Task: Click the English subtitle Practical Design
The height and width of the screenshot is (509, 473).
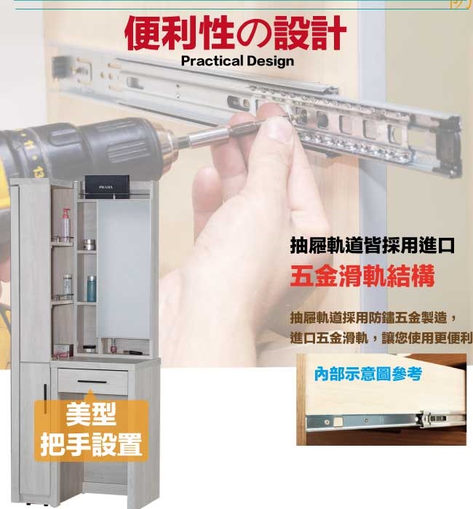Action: tap(237, 60)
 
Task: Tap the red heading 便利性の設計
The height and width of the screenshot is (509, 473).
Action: tap(236, 33)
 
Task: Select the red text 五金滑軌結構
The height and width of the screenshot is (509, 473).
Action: tap(362, 276)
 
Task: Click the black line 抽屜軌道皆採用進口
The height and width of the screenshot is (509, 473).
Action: tap(373, 246)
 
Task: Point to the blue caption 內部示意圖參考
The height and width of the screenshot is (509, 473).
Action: tap(368, 374)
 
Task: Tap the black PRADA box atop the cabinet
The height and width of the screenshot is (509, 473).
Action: tap(107, 187)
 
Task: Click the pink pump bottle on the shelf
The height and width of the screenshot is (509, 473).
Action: tap(66, 224)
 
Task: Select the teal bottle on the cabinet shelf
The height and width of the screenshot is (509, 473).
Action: tap(92, 289)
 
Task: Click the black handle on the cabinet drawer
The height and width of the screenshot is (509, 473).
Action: tap(92, 382)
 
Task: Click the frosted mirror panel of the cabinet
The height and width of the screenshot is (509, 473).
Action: tap(124, 269)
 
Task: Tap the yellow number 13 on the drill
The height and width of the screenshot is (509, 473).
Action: tap(39, 171)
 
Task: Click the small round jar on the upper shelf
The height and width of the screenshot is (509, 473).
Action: tap(89, 245)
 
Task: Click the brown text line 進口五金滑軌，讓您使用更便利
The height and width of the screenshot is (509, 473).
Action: tap(381, 338)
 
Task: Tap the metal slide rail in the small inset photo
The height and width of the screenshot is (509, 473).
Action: tap(386, 421)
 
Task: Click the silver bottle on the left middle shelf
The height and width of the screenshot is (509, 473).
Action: tap(67, 286)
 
